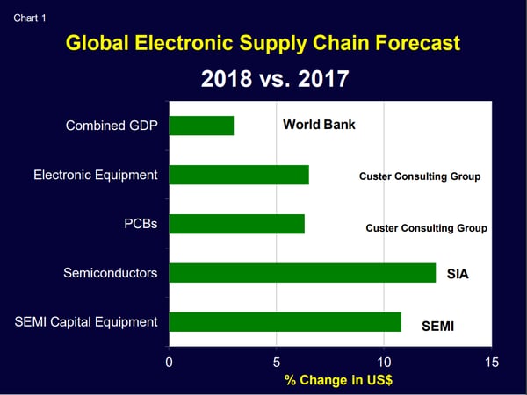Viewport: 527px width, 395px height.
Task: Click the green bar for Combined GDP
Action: pos(201,126)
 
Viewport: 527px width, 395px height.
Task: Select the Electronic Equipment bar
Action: pos(239,175)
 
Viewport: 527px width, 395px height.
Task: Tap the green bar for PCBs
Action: pos(236,224)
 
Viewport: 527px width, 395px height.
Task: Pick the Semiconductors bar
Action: pos(302,273)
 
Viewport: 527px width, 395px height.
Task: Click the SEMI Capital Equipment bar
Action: pos(285,322)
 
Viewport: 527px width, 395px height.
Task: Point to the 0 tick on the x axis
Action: pos(169,363)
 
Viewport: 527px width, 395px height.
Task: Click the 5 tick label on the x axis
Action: pos(277,363)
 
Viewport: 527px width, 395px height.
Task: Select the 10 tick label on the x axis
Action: pos(384,363)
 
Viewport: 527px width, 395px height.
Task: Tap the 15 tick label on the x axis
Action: pos(491,363)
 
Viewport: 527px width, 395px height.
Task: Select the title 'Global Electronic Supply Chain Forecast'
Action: pos(263,43)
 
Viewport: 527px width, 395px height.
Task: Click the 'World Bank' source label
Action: pos(319,125)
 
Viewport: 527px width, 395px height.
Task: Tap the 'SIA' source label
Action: pos(458,274)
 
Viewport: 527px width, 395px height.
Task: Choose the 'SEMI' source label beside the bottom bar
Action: pos(438,326)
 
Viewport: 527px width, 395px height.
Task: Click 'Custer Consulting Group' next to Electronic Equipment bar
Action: pos(420,176)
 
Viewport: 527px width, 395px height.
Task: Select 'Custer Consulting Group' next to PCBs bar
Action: pos(426,228)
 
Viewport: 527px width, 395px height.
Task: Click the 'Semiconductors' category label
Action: pos(111,273)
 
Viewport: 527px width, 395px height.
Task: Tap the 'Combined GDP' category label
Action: pos(112,126)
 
